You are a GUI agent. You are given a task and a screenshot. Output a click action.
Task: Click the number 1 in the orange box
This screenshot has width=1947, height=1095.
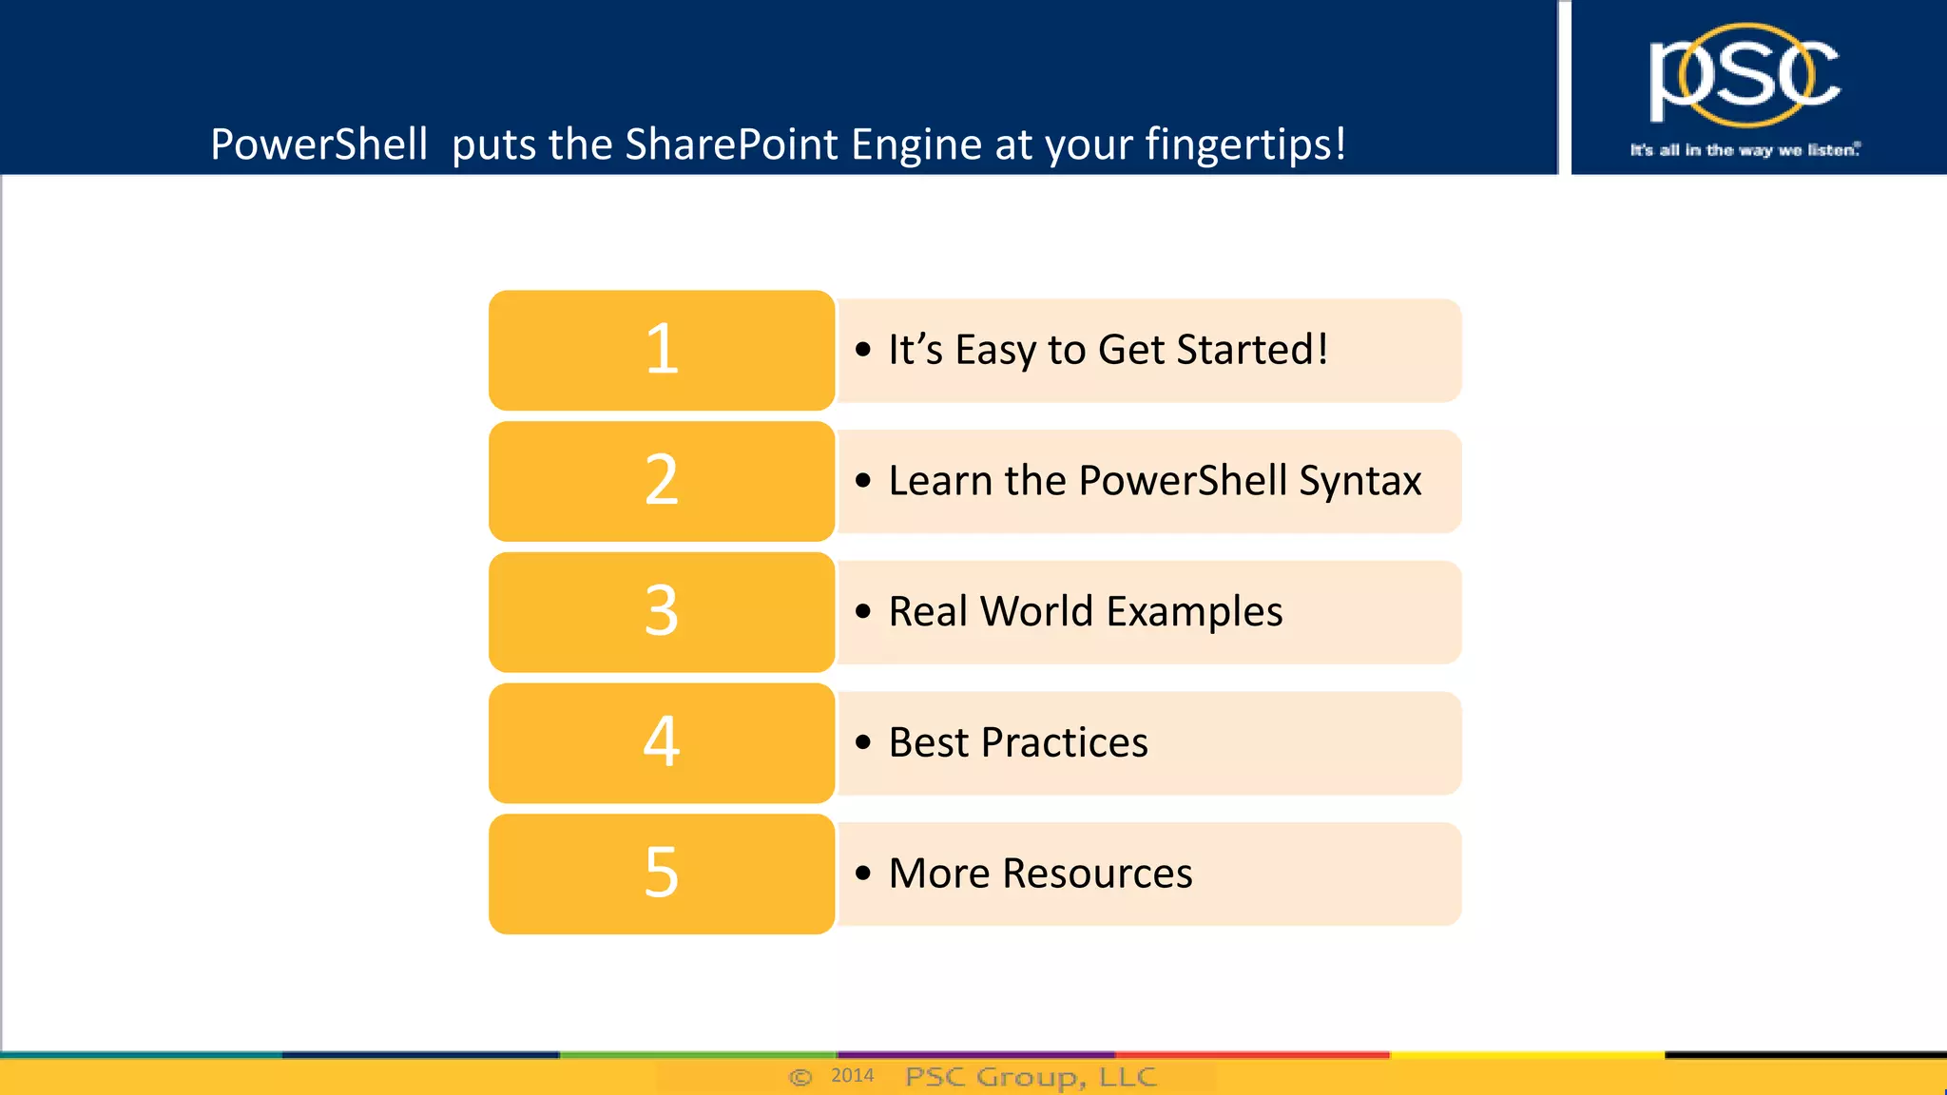coord(662,350)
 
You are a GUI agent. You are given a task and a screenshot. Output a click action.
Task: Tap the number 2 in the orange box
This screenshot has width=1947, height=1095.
coord(662,480)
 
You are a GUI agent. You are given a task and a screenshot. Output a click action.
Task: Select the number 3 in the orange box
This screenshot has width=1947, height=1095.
coord(662,611)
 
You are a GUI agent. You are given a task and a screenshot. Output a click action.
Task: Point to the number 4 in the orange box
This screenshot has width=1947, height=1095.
coord(662,741)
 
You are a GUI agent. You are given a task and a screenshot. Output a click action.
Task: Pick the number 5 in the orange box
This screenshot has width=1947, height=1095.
coord(662,873)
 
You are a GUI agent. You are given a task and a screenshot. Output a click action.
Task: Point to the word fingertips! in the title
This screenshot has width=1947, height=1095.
coord(1245,144)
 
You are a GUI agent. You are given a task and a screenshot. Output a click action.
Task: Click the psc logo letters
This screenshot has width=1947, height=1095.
coord(1744,76)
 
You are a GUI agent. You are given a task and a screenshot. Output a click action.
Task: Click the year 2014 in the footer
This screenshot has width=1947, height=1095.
coord(852,1076)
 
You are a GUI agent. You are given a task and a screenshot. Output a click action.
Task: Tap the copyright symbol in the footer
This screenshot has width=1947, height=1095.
coord(800,1077)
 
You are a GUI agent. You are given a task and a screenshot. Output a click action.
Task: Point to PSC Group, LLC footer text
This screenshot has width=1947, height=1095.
coord(1031,1077)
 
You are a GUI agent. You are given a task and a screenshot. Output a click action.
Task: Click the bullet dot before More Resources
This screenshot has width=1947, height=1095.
coord(862,873)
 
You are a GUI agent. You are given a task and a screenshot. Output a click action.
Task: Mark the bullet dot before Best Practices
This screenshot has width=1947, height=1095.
coord(862,742)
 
